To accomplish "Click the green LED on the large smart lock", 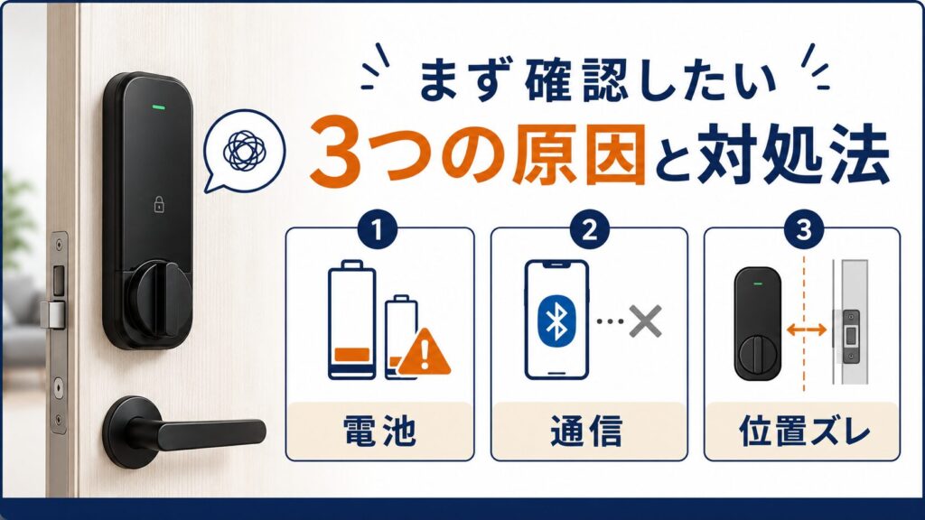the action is [158, 108].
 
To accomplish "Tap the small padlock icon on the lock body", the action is [159, 204].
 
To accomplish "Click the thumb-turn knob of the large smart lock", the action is [157, 300].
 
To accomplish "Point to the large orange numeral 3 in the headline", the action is [336, 153].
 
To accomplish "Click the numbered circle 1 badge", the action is [378, 230].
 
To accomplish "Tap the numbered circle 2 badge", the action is [589, 230].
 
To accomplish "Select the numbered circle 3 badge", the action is [803, 230].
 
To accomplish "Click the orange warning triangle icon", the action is [425, 354].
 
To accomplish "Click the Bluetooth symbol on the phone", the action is [556, 321].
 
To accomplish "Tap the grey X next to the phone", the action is [645, 321].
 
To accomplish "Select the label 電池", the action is [379, 431].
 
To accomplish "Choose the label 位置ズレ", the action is [803, 431].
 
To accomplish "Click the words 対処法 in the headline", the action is [792, 153].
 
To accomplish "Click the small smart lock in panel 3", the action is [758, 324].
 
